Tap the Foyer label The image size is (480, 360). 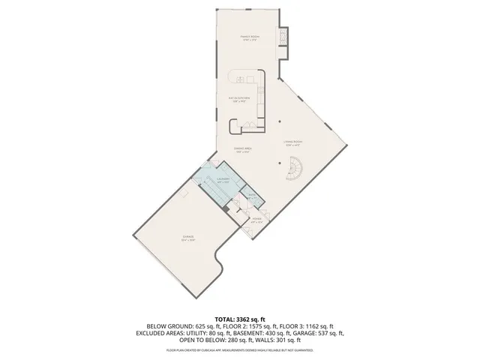pos(256,220)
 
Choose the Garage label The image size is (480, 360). pos(187,239)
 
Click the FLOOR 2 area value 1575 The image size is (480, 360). pos(259,326)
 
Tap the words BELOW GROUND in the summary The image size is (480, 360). pos(169,326)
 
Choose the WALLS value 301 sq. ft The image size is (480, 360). pos(291,340)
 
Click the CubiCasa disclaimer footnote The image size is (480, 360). pos(239,349)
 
